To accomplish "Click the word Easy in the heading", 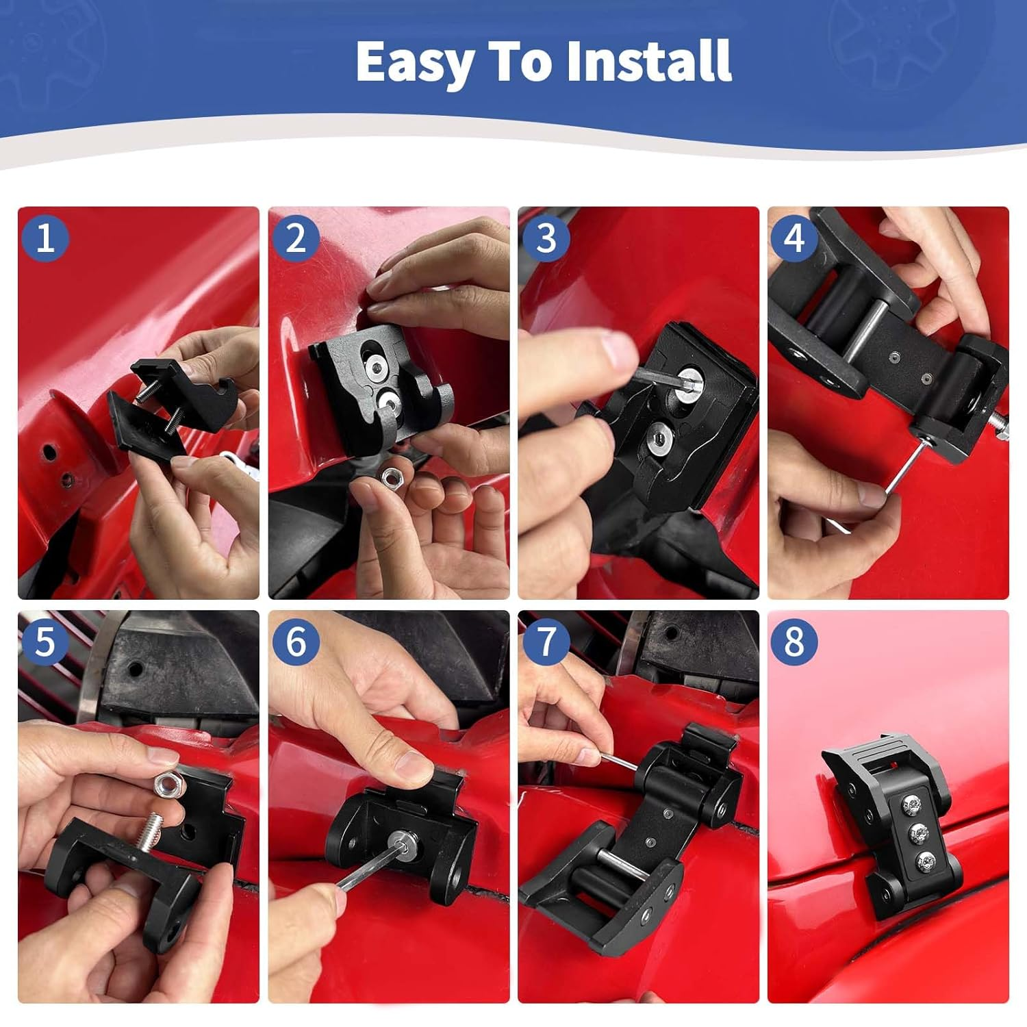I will [x=415, y=62].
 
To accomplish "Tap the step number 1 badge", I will [x=45, y=238].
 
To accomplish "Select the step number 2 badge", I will [x=296, y=238].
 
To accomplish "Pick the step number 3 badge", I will [x=546, y=238].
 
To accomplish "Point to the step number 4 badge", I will [x=794, y=238].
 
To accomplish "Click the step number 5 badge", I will [x=45, y=642].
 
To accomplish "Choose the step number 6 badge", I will [x=296, y=642].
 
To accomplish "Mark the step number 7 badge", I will [x=546, y=642].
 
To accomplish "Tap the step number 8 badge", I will [x=794, y=642].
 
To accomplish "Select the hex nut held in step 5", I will [x=168, y=784].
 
